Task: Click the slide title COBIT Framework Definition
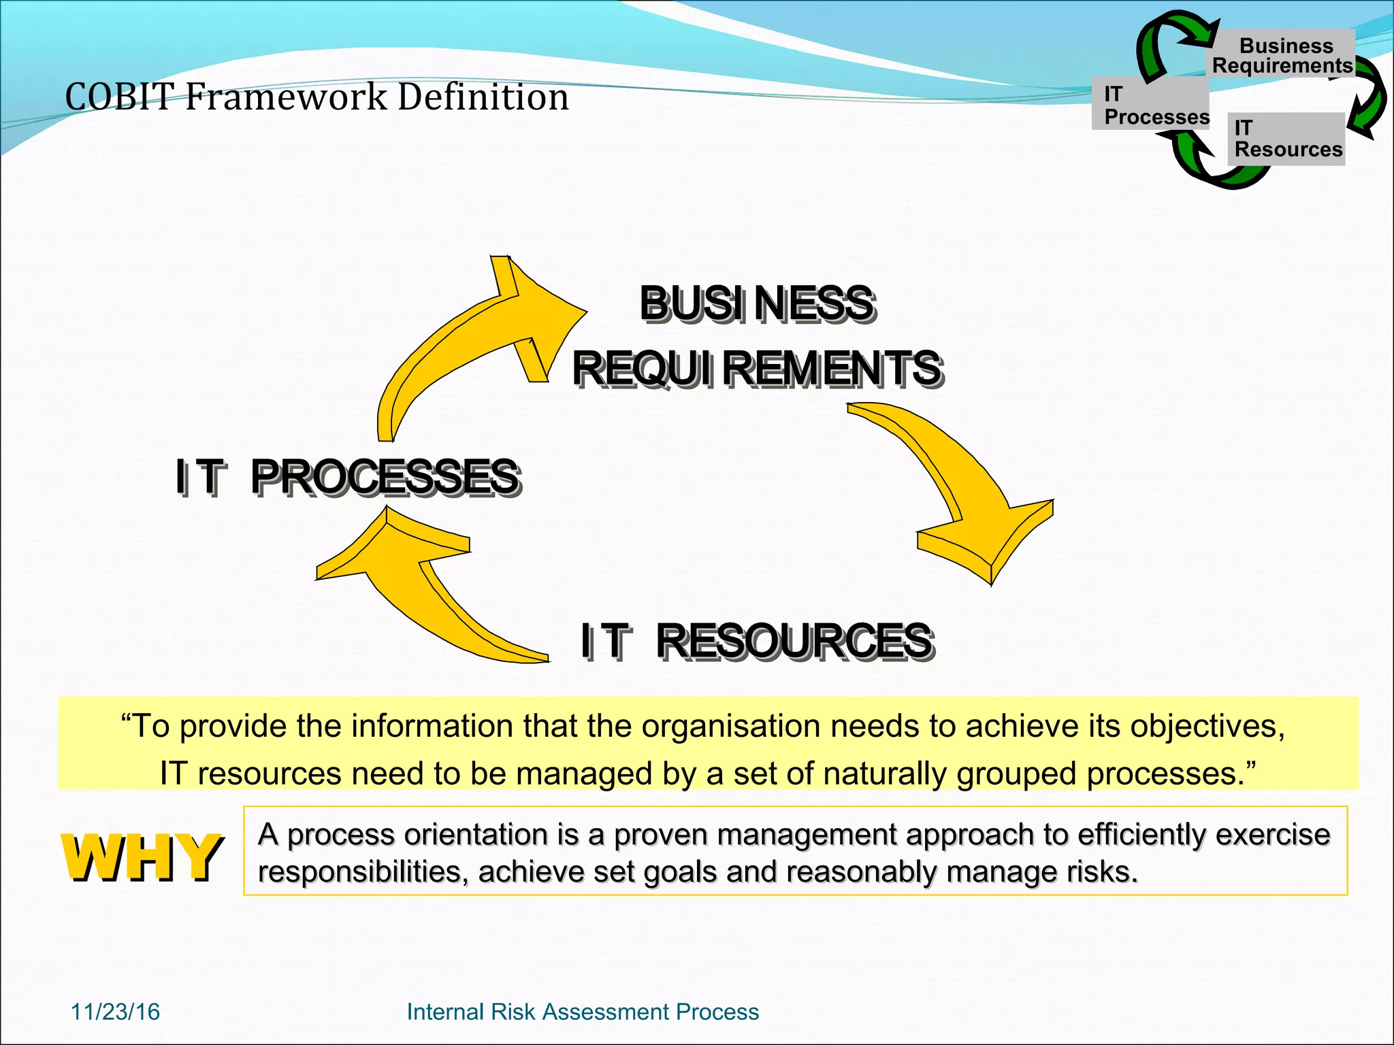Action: [317, 97]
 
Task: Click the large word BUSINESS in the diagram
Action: [757, 303]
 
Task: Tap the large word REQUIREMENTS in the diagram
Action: [757, 368]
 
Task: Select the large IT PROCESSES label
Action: [348, 476]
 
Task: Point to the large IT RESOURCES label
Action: [756, 641]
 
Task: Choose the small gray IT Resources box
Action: [1286, 139]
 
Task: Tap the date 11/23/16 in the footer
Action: [115, 1012]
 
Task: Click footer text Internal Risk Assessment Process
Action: [583, 1012]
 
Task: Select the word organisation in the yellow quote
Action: [730, 727]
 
